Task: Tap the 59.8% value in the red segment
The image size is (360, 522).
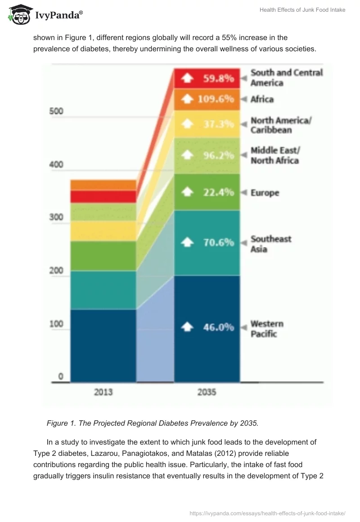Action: (218, 78)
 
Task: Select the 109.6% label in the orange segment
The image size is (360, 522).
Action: (216, 99)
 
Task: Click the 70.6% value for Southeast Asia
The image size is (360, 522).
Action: (218, 242)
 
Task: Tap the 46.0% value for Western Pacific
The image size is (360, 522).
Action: (218, 327)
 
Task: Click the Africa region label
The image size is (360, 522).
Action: (262, 99)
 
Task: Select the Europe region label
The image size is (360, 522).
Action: (265, 193)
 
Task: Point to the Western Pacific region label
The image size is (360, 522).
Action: (267, 328)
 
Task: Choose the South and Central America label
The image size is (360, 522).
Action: (286, 77)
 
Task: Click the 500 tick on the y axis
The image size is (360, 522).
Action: (56, 111)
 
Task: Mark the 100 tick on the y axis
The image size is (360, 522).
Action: (56, 324)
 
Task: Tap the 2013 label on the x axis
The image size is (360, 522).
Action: (103, 392)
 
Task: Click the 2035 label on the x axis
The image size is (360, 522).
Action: (207, 392)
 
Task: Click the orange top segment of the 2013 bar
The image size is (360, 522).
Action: (103, 184)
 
